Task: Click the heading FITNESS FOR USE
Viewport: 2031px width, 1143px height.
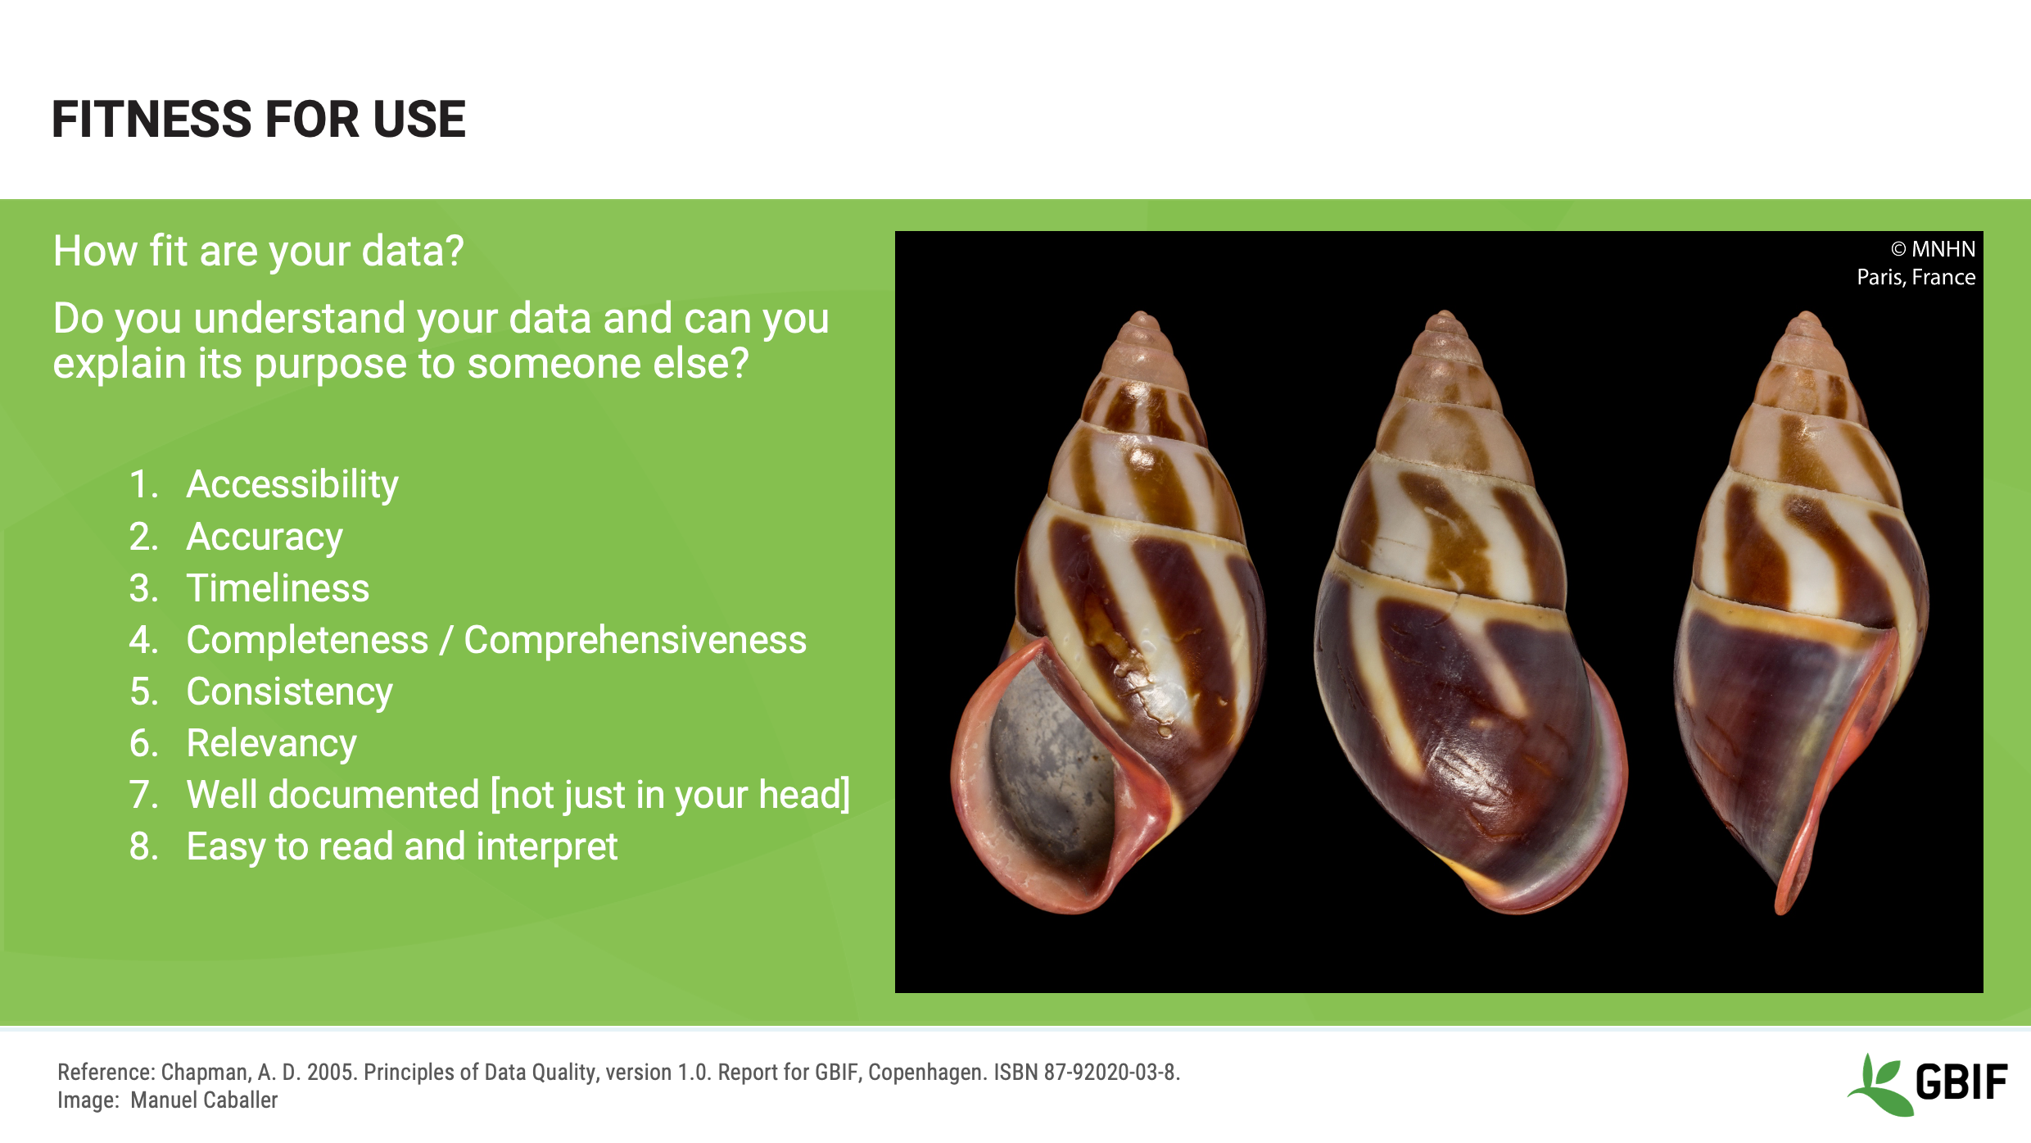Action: coord(258,120)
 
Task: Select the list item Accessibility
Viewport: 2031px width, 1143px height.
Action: coord(292,484)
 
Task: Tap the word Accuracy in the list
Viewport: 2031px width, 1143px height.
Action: coord(264,537)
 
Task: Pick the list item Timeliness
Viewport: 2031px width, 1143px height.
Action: coord(278,588)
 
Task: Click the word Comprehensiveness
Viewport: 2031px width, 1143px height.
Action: coord(635,640)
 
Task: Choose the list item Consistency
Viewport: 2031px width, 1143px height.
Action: coord(289,692)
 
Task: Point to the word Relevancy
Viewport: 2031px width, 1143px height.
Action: coord(271,743)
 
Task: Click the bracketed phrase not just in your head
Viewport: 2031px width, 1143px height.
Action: coord(670,795)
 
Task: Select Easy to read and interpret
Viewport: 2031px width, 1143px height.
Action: coord(401,846)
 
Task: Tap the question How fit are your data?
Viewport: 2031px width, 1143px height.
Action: coord(258,251)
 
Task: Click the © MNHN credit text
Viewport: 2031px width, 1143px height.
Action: coord(1932,249)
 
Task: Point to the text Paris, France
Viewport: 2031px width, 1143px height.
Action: coord(1916,277)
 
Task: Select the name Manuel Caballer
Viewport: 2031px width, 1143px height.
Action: coord(204,1100)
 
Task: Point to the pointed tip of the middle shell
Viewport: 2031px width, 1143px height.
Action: coord(1445,315)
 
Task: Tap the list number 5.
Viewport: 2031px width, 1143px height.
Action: coord(143,692)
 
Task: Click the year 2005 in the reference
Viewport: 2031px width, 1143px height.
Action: coord(332,1073)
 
